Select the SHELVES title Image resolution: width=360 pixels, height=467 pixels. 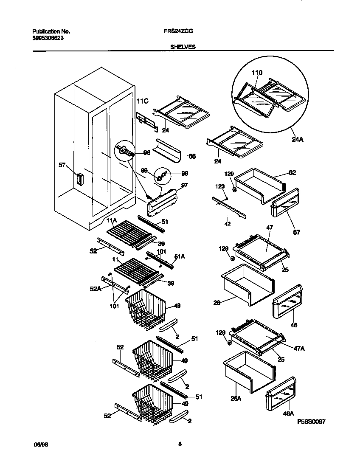(x=183, y=47)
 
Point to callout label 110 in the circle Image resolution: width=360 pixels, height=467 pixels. (x=257, y=73)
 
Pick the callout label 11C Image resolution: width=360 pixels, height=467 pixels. (x=142, y=101)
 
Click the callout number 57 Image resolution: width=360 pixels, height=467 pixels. (x=62, y=165)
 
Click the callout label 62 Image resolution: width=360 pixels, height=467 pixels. (x=292, y=173)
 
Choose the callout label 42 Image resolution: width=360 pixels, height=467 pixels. (x=228, y=224)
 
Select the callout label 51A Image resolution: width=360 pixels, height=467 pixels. (x=180, y=256)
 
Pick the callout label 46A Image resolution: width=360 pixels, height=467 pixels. (x=288, y=413)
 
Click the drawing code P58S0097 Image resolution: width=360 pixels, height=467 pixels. (x=312, y=421)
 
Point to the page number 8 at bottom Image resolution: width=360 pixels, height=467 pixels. (x=180, y=444)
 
